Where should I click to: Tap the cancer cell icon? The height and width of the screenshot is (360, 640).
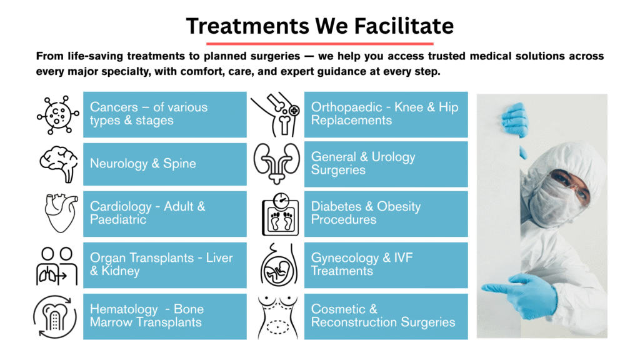[x=58, y=115]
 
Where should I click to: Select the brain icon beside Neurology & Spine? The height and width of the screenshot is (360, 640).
[x=58, y=163]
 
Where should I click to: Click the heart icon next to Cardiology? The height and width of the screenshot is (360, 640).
[x=58, y=213]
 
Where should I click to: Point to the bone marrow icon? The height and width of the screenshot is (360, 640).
[x=57, y=316]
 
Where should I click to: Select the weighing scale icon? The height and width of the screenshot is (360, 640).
[x=279, y=214]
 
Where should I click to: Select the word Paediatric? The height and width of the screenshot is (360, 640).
[x=118, y=220]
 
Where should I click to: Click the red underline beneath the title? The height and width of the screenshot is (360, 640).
[x=319, y=44]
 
